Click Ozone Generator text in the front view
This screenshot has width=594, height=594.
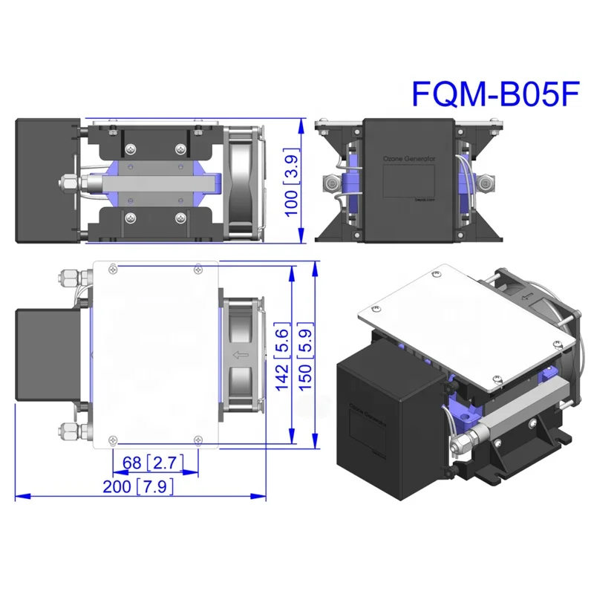(409, 159)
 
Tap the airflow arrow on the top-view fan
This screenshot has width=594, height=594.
(241, 355)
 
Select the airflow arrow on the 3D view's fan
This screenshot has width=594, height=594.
(528, 298)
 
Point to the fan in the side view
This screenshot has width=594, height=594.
(241, 182)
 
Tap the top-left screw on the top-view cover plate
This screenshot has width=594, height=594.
(111, 268)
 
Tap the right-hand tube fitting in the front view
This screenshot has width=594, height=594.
(484, 181)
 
